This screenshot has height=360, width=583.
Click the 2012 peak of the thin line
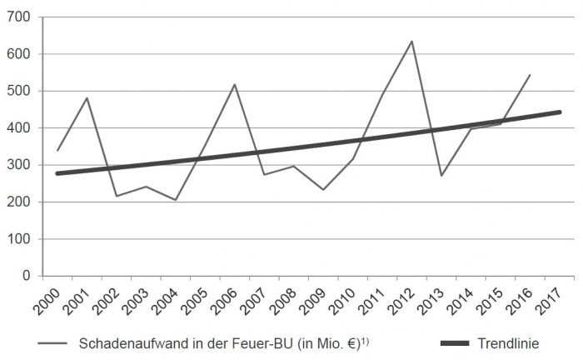[411, 41]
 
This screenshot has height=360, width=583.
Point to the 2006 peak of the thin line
[235, 84]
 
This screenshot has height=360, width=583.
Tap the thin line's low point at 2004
[176, 200]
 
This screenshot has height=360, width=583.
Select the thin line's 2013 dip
[441, 176]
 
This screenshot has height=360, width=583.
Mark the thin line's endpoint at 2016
[530, 75]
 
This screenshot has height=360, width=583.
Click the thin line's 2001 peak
[87, 98]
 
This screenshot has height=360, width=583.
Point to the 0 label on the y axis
[25, 276]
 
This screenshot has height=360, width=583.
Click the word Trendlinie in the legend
[509, 343]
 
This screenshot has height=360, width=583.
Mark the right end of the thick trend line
[559, 112]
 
